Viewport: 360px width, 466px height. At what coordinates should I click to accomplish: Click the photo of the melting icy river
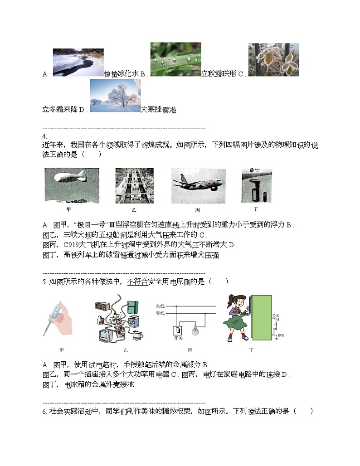click(x=78, y=63)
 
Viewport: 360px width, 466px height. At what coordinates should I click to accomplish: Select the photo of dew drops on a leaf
click(x=175, y=59)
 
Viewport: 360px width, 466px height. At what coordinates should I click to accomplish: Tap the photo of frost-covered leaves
click(x=273, y=59)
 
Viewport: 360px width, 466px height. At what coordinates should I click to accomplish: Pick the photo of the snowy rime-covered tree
click(x=115, y=95)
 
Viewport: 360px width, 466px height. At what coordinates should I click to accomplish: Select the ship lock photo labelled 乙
click(x=134, y=186)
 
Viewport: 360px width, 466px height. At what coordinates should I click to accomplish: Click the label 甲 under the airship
click(x=68, y=209)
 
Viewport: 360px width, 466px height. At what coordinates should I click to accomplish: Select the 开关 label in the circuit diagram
click(x=178, y=339)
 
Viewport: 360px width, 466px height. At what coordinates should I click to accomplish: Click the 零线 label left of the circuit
click(x=160, y=313)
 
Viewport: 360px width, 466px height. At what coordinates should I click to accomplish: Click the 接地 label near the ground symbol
click(x=282, y=335)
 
